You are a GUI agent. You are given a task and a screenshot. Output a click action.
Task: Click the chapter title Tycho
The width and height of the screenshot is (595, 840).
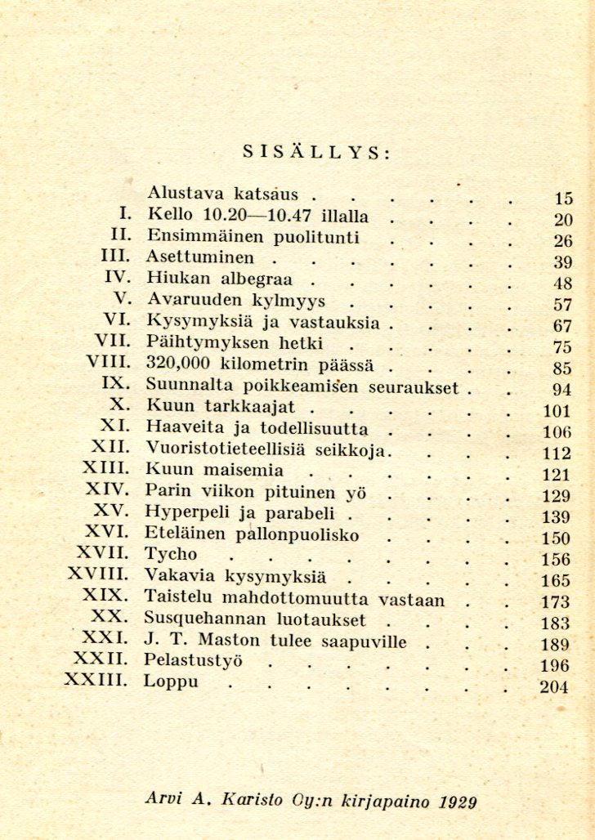pyautogui.click(x=170, y=555)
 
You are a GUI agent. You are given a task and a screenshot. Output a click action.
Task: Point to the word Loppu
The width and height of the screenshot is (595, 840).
pyautogui.click(x=170, y=682)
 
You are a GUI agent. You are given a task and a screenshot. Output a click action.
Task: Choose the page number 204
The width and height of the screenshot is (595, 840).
pyautogui.click(x=553, y=686)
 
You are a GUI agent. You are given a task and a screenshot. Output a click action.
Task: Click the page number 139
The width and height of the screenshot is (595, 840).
pyautogui.click(x=555, y=517)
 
